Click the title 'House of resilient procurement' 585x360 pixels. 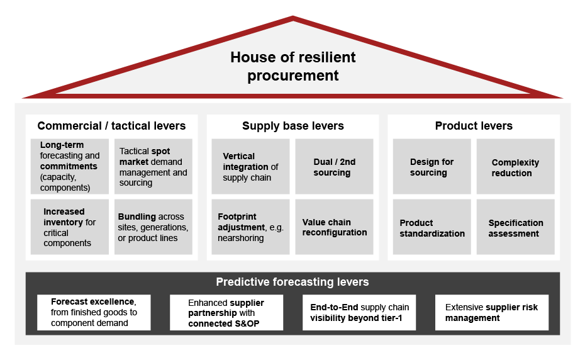292,67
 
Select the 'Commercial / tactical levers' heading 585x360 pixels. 111,126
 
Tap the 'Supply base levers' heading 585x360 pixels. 292,126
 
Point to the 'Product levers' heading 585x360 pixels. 474,126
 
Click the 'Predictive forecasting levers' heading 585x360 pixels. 292,282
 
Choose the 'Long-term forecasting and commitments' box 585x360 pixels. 70,166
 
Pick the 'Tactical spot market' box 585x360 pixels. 153,166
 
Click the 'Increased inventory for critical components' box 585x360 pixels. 70,227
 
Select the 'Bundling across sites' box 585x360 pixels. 153,227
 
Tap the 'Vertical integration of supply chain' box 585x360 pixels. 250,166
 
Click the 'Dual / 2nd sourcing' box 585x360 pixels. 334,166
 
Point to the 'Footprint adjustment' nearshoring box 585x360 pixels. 250,227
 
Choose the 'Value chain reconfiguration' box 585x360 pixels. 334,227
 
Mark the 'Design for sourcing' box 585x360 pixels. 432,166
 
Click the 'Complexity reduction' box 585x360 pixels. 515,166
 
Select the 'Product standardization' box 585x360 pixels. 432,227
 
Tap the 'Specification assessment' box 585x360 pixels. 515,227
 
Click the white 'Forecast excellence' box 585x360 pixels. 94,312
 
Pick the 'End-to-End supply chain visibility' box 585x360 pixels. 359,312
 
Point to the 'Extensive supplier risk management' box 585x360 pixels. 492,312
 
